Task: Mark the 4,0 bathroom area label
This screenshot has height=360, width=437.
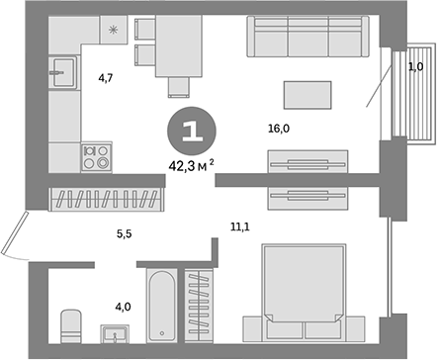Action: coord(122,306)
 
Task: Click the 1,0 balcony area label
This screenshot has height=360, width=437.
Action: coord(415,66)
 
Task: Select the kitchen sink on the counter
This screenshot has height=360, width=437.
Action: coord(67,70)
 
